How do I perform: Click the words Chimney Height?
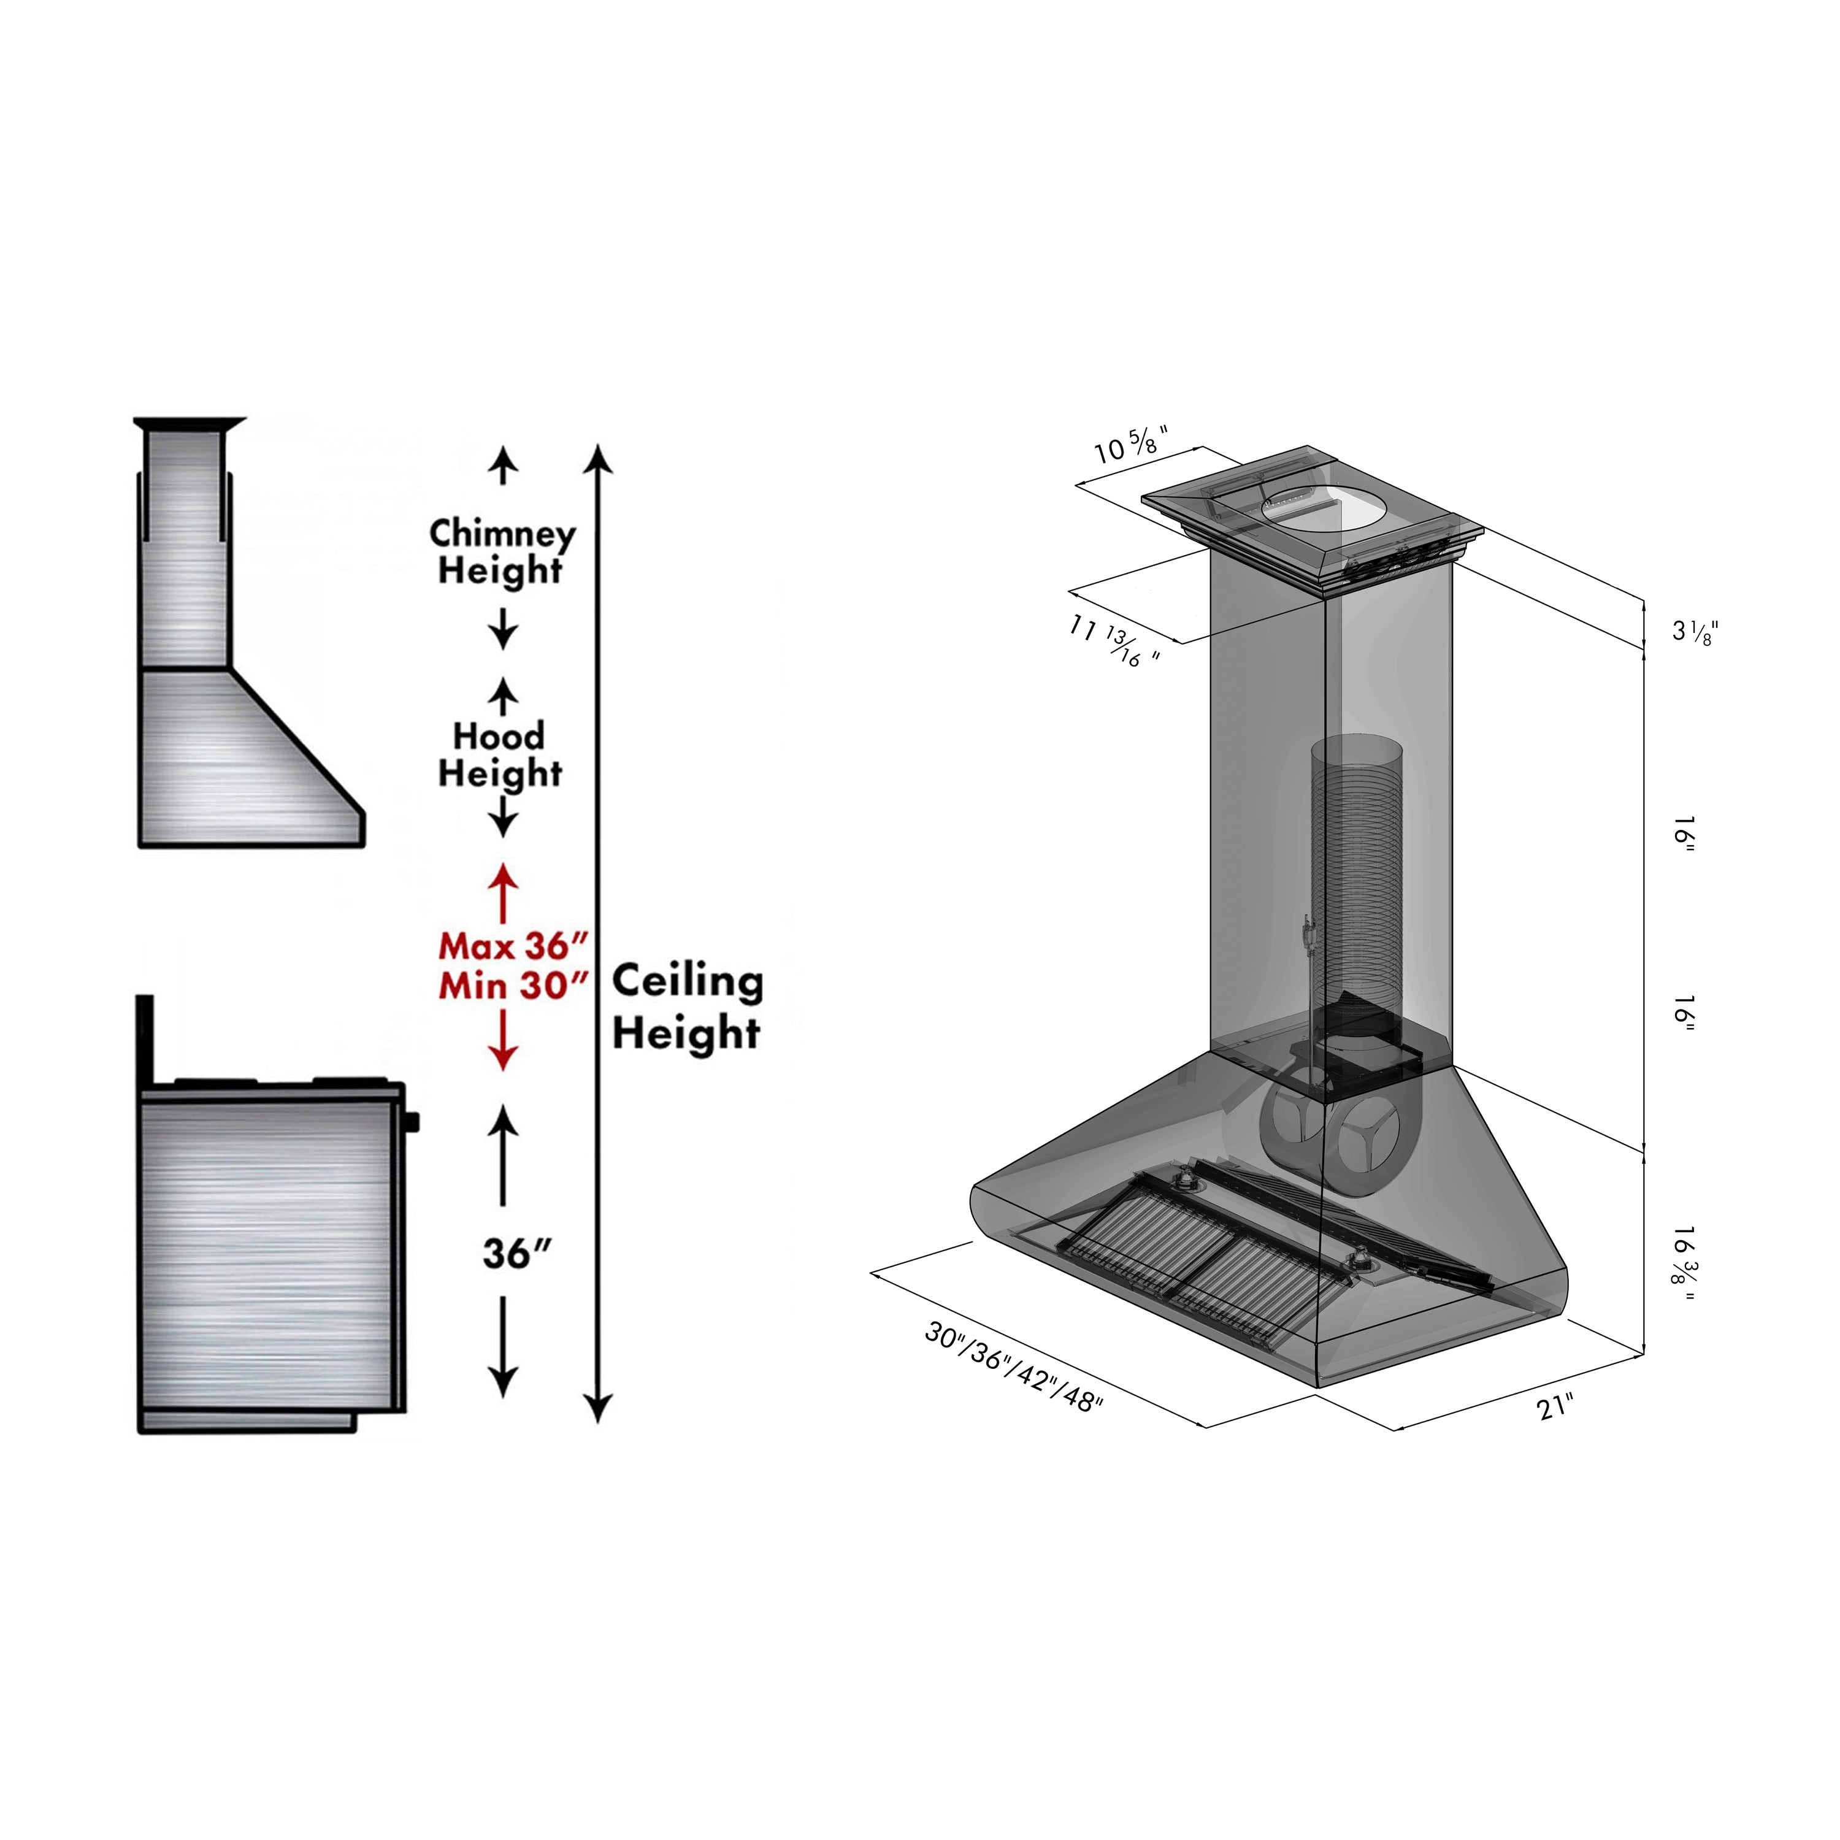[x=502, y=553]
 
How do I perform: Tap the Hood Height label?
[x=500, y=755]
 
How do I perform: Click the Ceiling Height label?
[x=687, y=1006]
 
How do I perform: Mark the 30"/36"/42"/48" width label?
[x=1013, y=1368]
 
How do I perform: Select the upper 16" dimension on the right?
[x=1683, y=834]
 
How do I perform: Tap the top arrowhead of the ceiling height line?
[x=597, y=459]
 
